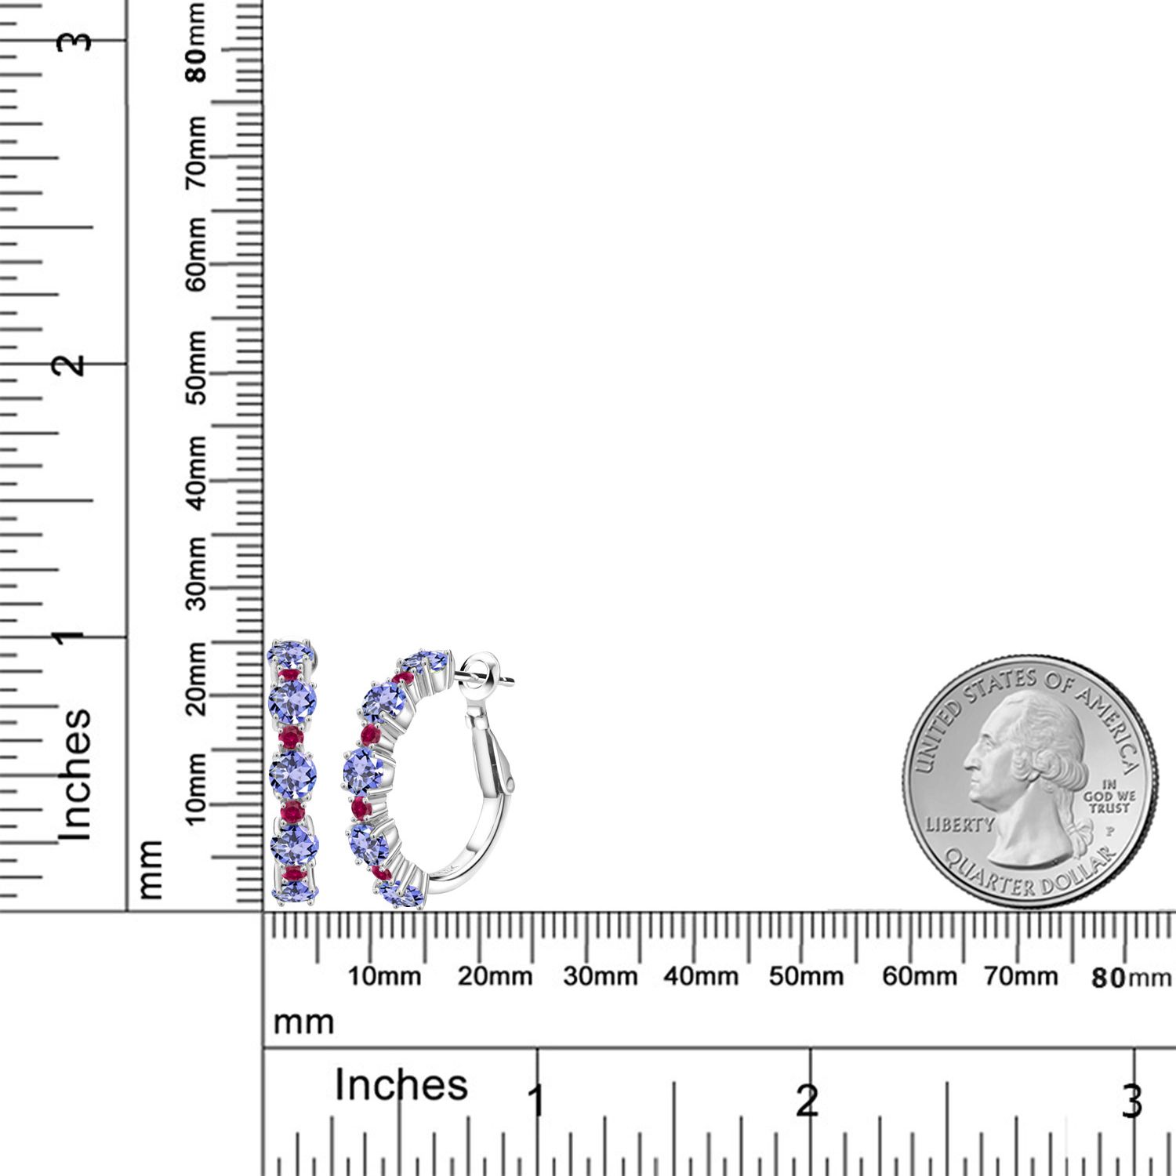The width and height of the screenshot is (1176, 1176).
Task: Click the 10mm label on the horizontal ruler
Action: pos(384,977)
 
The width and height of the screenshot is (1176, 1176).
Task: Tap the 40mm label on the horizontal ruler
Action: pos(701,977)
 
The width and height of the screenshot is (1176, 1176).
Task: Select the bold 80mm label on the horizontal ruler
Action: pos(1131,978)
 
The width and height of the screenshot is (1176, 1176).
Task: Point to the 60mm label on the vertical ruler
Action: pos(197,254)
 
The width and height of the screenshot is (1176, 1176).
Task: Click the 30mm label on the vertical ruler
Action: pos(197,573)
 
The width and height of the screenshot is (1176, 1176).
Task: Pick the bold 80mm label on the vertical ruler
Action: pos(197,43)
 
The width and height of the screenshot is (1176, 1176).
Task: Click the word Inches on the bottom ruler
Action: pos(401,1086)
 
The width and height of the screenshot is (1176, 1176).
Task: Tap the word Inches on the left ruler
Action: pos(76,775)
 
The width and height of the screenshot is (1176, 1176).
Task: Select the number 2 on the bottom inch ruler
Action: pos(808,1102)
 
